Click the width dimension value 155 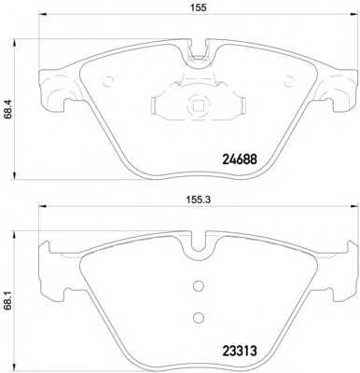199,7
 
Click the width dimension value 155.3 199,200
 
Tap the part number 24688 240,159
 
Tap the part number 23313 240,352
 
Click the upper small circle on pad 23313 198,285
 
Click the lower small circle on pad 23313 198,317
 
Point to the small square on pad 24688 198,106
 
